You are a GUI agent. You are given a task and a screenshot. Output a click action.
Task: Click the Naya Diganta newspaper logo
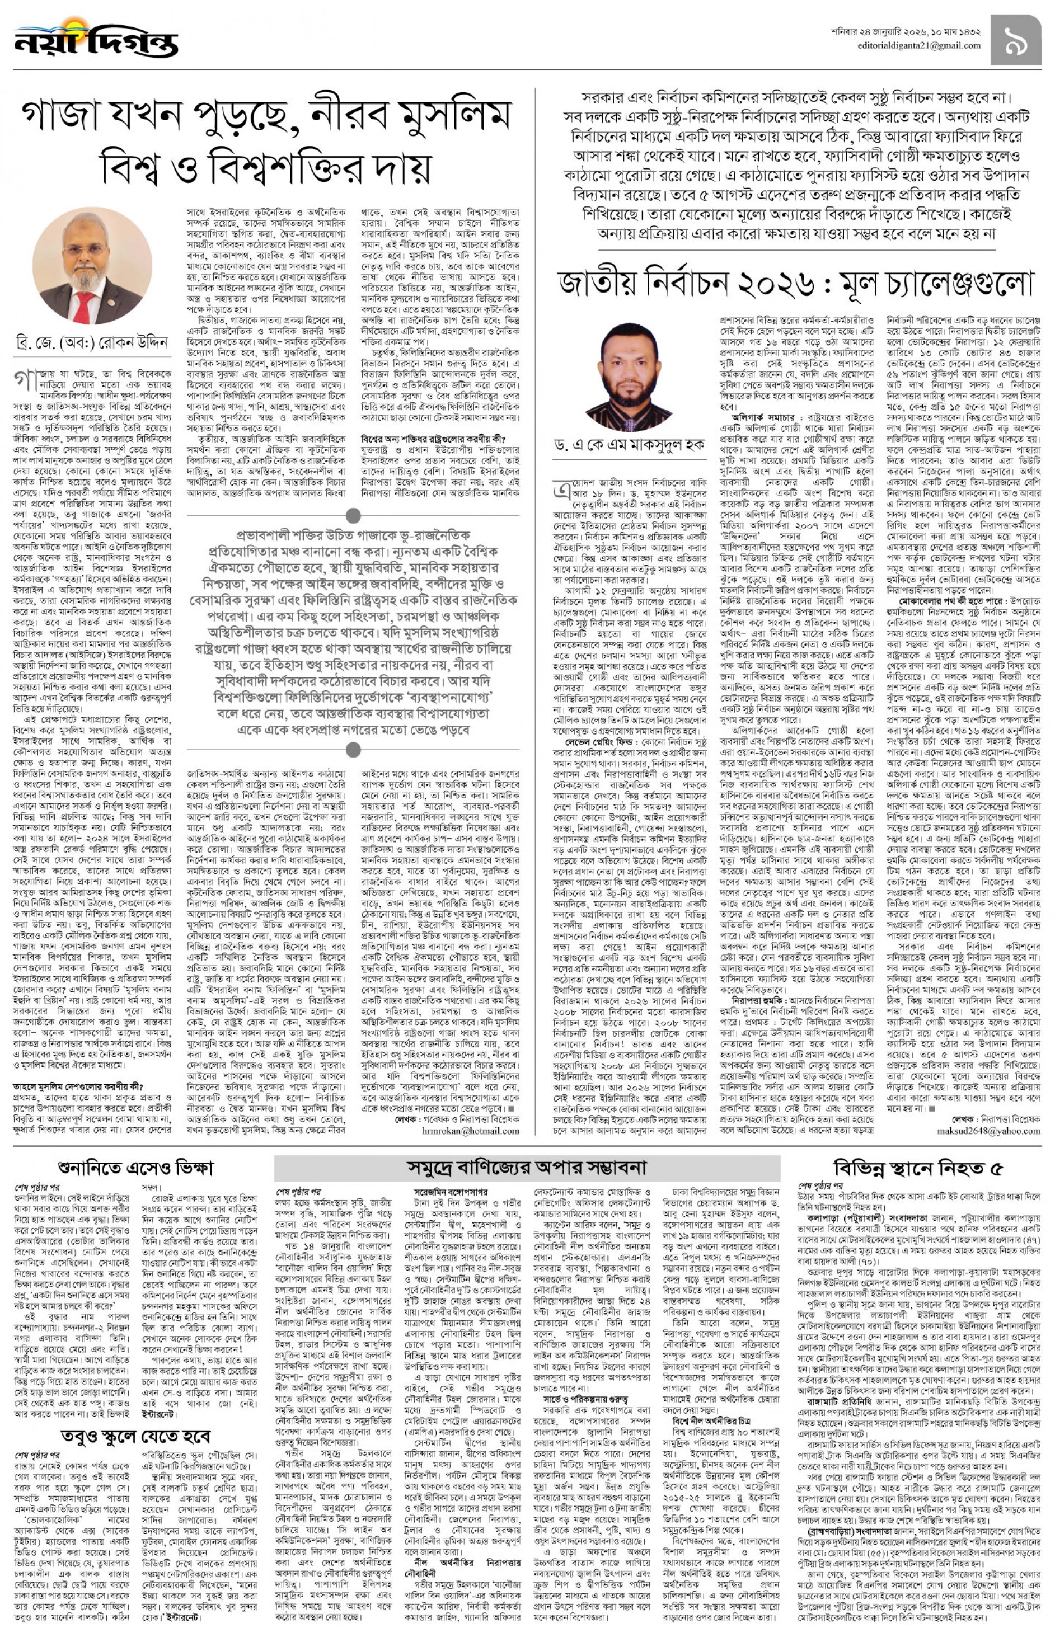pyautogui.click(x=95, y=40)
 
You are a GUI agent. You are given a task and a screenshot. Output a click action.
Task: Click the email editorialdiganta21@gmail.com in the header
pyautogui.click(x=918, y=46)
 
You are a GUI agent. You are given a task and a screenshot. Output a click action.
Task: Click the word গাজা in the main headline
pyautogui.click(x=65, y=117)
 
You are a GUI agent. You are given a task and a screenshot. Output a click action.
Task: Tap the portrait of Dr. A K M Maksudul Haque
pyautogui.click(x=628, y=376)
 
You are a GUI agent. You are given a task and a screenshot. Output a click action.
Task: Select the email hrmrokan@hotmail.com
pyautogui.click(x=471, y=1131)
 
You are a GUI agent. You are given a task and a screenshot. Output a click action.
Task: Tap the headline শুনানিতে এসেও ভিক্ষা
pyautogui.click(x=137, y=1168)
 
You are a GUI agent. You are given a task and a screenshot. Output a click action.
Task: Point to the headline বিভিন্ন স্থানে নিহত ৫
pyautogui.click(x=918, y=1168)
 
